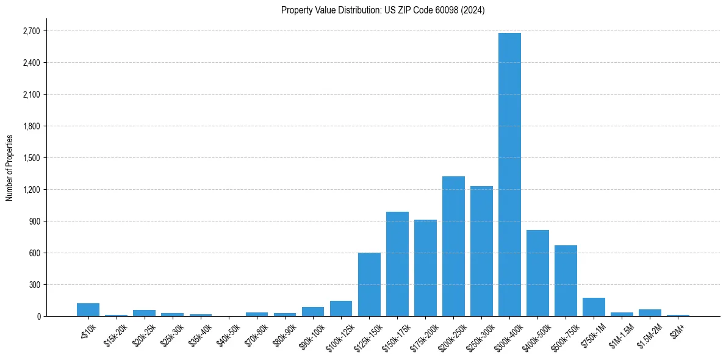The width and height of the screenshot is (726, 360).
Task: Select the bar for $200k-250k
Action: click(x=453, y=247)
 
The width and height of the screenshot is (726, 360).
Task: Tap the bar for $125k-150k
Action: click(x=369, y=284)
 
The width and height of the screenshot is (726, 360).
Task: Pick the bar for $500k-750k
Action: click(x=566, y=281)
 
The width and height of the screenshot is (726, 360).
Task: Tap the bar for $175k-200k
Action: click(x=425, y=268)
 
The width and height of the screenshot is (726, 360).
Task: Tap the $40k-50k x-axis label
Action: click(x=228, y=334)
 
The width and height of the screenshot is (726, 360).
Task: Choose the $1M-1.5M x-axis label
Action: click(x=621, y=335)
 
